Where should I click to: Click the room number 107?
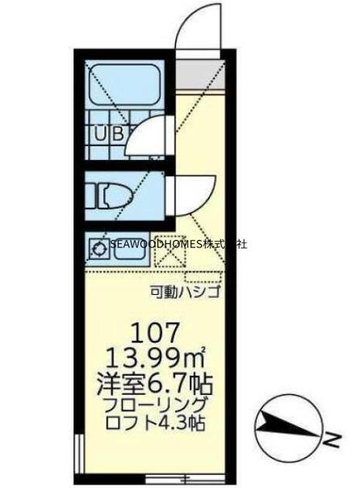[170, 332]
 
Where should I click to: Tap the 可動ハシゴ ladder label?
[186, 292]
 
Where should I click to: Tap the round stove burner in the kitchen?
[98, 249]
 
